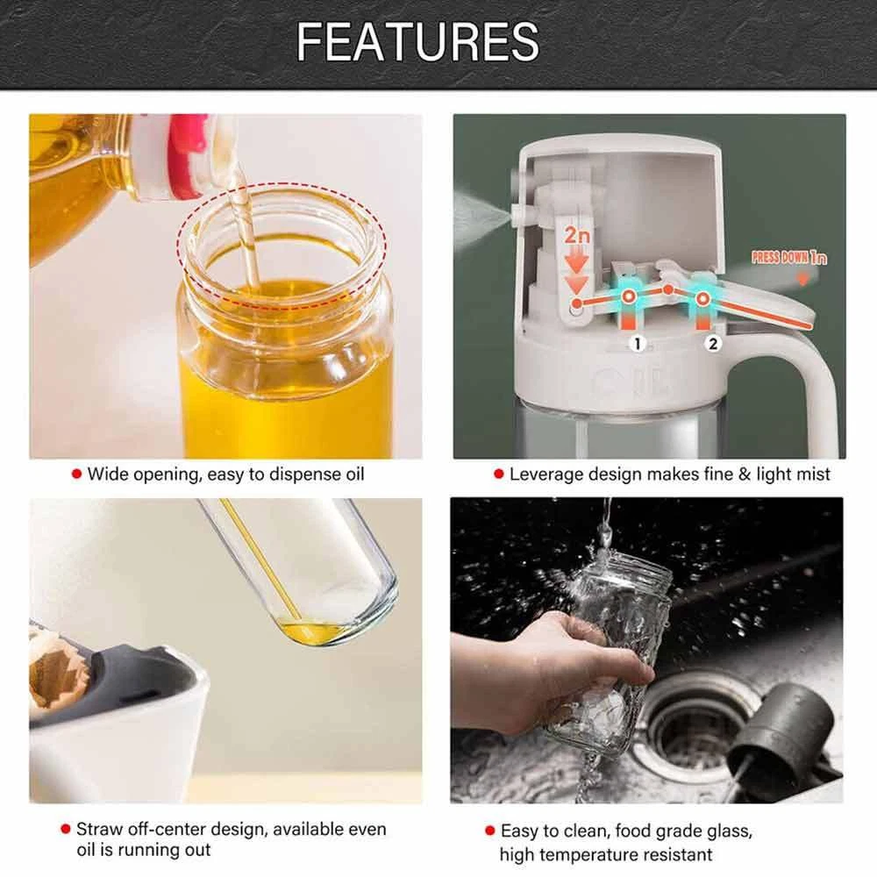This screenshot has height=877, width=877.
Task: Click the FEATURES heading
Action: pos(417,42)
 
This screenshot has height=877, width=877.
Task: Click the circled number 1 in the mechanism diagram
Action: pos(638,344)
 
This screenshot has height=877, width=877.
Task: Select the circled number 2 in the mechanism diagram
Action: pos(712,344)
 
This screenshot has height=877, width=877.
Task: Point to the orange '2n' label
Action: pos(577,235)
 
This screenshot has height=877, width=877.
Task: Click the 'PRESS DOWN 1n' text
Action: pos(788,257)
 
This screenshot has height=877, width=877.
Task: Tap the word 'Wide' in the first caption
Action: pos(108,474)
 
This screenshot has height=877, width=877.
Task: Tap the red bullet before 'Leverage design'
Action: pos(499,474)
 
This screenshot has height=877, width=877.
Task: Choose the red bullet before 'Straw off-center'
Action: pos(66,829)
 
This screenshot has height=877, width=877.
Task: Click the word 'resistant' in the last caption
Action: pos(676,854)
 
